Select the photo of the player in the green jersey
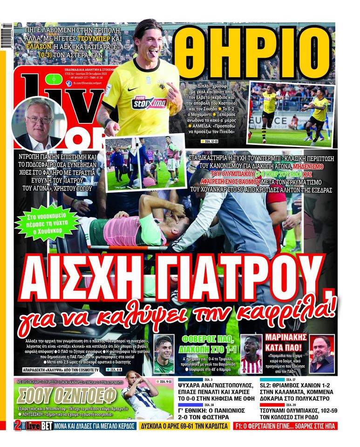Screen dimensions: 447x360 tap(164, 353)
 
